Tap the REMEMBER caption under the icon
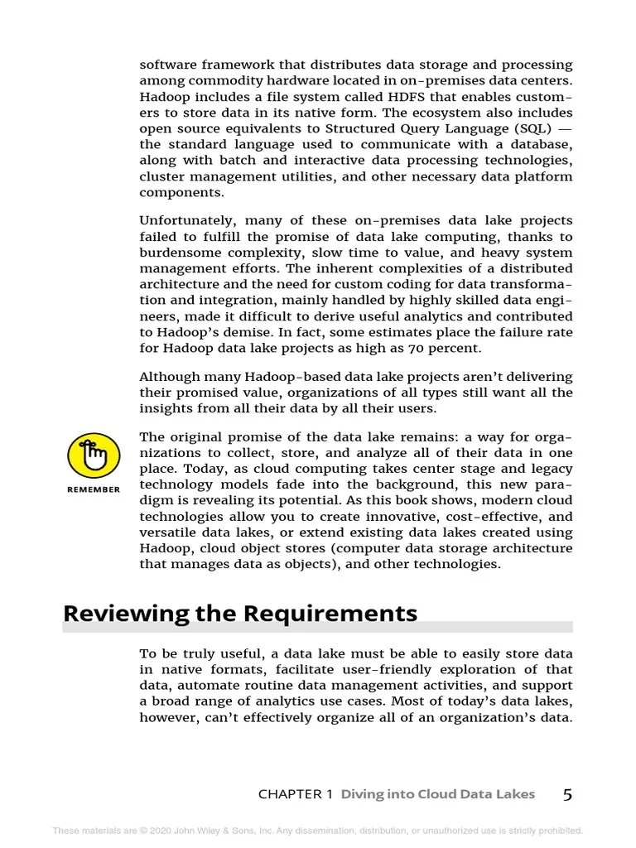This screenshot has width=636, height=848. point(93,489)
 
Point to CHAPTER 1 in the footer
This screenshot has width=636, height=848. point(295,794)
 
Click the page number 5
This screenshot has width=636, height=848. point(567,795)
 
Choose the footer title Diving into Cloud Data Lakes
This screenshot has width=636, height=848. point(438,794)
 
